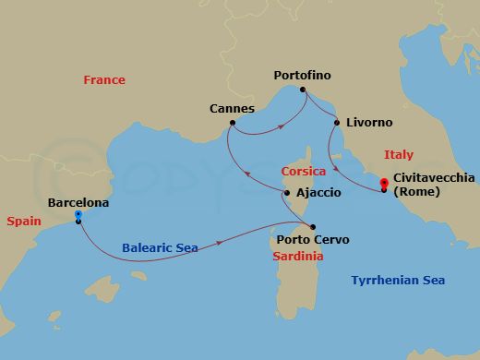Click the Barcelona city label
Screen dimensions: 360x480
(78, 202)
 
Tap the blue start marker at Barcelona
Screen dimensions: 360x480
(78, 216)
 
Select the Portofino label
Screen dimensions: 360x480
(303, 75)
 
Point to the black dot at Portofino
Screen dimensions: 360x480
(301, 90)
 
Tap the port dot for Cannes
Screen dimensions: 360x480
(233, 123)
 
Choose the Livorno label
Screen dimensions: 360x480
(369, 122)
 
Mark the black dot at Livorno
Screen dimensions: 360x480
(337, 122)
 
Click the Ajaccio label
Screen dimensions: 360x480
(318, 193)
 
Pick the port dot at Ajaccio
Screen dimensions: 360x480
(287, 193)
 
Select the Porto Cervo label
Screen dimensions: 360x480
(313, 240)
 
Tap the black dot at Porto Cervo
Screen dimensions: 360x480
(314, 226)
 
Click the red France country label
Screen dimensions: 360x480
(104, 80)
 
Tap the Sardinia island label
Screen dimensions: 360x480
(298, 256)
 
